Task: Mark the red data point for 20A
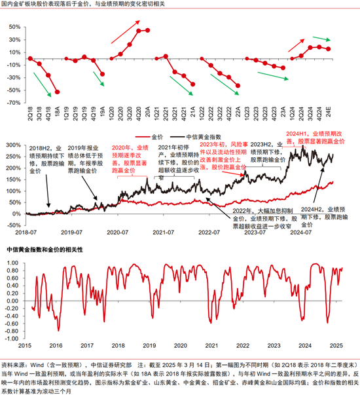[148, 30]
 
